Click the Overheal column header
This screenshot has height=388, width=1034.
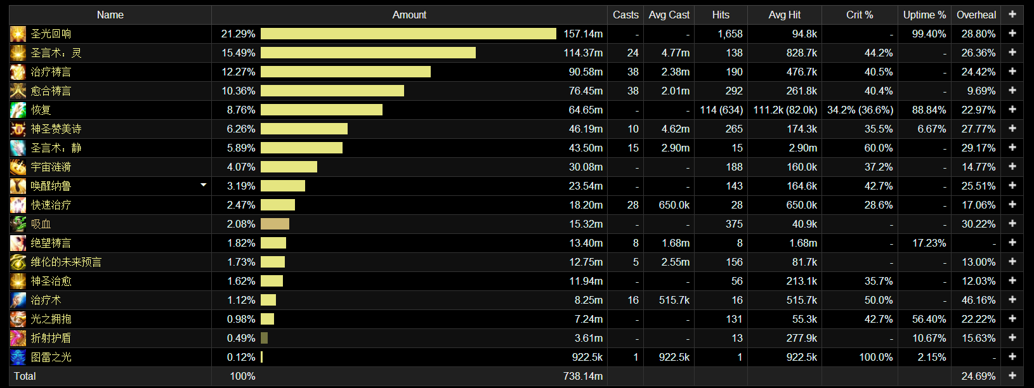(x=976, y=15)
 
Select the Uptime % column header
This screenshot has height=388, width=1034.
(x=925, y=15)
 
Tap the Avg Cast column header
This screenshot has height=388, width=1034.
(x=669, y=15)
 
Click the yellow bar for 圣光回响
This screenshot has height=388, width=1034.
(x=408, y=34)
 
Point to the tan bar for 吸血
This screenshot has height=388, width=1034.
(x=275, y=224)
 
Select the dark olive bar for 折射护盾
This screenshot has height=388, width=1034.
(x=264, y=338)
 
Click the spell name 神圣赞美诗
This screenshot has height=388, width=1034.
(x=56, y=129)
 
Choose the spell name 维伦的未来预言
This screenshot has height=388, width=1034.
(x=66, y=262)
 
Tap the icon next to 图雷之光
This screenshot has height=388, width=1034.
(x=18, y=357)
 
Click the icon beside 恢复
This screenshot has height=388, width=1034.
(x=18, y=110)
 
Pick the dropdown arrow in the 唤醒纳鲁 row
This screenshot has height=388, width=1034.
(x=203, y=185)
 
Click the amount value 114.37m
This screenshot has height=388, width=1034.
(x=583, y=53)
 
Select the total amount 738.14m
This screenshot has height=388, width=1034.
(x=583, y=376)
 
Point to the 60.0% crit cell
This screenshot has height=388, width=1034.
(x=879, y=148)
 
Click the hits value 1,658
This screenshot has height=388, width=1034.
(x=730, y=34)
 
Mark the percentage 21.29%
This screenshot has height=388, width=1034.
(x=238, y=34)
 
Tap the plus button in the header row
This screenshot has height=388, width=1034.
(x=1012, y=15)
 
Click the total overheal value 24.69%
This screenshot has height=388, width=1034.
(x=979, y=376)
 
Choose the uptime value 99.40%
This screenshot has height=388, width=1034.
(x=929, y=34)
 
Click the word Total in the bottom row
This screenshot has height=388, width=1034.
(x=25, y=376)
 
